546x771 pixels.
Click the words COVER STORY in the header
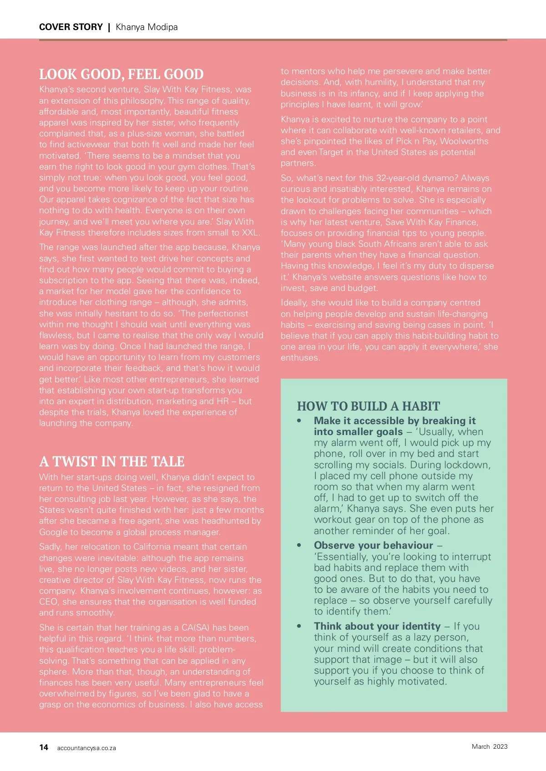pyautogui.click(x=71, y=27)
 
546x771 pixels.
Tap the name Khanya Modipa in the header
pyautogui.click(x=147, y=27)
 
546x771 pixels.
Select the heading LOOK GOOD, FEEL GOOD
pyautogui.click(x=121, y=75)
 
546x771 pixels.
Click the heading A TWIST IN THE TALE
pyautogui.click(x=111, y=462)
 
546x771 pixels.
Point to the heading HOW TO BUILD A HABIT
pyautogui.click(x=368, y=406)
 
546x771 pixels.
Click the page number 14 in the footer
pyautogui.click(x=44, y=747)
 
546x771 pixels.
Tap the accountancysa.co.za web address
pyautogui.click(x=86, y=748)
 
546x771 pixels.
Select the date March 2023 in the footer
pyautogui.click(x=489, y=746)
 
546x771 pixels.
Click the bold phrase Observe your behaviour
pyautogui.click(x=373, y=546)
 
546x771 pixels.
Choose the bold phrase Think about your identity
pyautogui.click(x=377, y=626)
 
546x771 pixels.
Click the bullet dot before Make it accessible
pyautogui.click(x=299, y=421)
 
